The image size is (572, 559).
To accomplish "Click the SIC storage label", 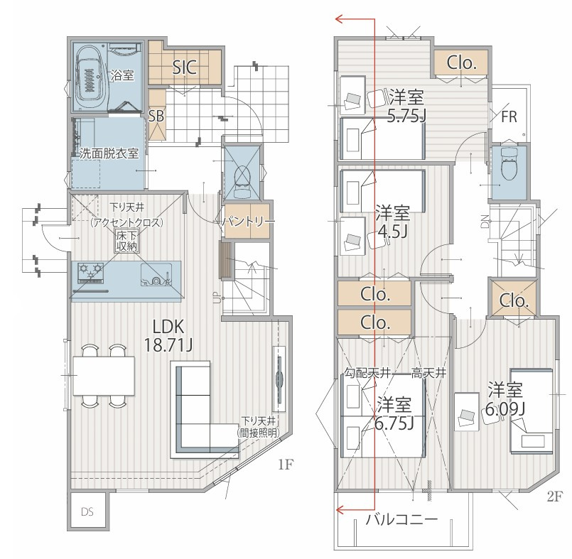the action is (185, 67).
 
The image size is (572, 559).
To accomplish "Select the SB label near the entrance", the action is (156, 116).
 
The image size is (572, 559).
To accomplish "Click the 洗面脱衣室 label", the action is (109, 153).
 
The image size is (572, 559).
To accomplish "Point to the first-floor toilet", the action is (242, 180).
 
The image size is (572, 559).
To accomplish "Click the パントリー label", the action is (248, 222).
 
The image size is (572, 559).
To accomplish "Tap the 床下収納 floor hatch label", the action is (126, 240).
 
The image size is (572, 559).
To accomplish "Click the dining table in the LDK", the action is (104, 376).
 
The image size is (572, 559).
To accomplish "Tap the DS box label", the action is (87, 512).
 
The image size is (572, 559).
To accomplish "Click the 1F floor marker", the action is (286, 465).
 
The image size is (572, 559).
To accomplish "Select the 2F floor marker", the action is (554, 496).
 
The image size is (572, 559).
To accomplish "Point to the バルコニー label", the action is (401, 519).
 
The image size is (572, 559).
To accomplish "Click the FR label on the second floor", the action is (509, 116).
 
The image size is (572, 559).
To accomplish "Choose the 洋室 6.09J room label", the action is (505, 399).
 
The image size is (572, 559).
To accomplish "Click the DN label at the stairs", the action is (485, 222).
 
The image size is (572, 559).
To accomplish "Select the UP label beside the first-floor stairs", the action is (217, 298).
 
